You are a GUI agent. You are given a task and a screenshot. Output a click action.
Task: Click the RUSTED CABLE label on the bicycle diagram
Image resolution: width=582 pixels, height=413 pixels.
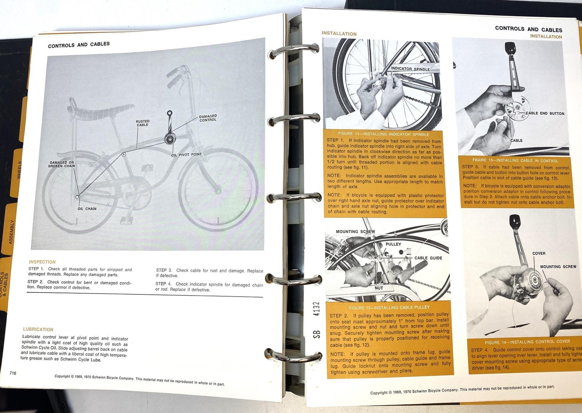pyautogui.click(x=143, y=123)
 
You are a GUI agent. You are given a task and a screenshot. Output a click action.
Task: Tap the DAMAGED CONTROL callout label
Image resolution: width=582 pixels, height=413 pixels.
pyautogui.click(x=208, y=118)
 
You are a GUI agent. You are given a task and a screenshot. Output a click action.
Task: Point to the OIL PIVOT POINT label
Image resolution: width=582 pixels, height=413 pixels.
pyautogui.click(x=186, y=155)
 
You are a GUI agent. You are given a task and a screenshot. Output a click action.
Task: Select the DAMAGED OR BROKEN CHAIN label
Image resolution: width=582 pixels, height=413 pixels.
pyautogui.click(x=62, y=164)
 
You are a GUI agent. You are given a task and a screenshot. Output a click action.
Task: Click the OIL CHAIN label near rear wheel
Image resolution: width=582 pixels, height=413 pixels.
pyautogui.click(x=87, y=209)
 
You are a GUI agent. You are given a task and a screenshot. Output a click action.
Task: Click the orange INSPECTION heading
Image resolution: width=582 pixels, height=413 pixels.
pyautogui.click(x=42, y=262)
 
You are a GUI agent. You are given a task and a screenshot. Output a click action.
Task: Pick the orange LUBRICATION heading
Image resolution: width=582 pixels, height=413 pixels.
pyautogui.click(x=38, y=329)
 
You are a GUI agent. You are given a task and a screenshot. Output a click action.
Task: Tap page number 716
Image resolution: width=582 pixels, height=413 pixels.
pyautogui.click(x=13, y=373)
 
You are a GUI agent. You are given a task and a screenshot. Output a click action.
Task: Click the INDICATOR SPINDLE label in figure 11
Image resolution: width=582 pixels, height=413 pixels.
pyautogui.click(x=410, y=69)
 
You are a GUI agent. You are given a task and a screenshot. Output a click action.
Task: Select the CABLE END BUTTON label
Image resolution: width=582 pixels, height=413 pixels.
pyautogui.click(x=545, y=114)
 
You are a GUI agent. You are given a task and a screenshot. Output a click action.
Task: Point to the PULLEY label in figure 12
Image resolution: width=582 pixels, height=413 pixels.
pyautogui.click(x=393, y=244)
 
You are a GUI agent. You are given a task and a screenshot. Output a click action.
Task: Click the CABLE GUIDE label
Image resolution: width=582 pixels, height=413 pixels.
pyautogui.click(x=428, y=258)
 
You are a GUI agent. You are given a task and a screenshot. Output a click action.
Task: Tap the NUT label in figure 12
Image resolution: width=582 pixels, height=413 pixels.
pyautogui.click(x=379, y=288)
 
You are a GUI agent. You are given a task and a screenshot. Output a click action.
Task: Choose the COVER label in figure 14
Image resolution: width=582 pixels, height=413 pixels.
pyautogui.click(x=539, y=254)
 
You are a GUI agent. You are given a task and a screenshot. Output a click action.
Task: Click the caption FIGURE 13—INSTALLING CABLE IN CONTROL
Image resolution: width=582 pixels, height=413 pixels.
pyautogui.click(x=515, y=160)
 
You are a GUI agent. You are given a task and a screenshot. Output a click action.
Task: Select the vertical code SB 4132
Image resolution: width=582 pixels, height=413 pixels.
pyautogui.click(x=316, y=320)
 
